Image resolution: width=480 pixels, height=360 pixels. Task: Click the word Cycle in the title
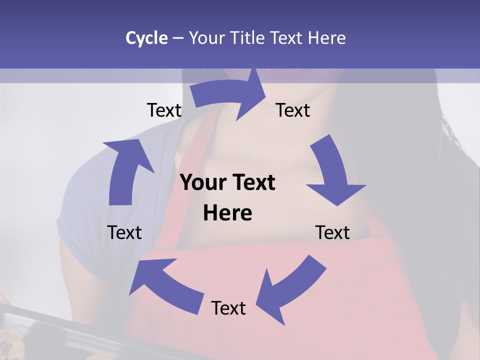pyautogui.click(x=146, y=38)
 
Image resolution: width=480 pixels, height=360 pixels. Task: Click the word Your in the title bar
pyautogui.click(x=207, y=38)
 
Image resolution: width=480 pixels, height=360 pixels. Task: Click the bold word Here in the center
pyautogui.click(x=227, y=213)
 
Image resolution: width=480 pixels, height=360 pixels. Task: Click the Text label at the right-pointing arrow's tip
pyautogui.click(x=293, y=110)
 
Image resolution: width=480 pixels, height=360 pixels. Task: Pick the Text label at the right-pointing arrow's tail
pyautogui.click(x=164, y=110)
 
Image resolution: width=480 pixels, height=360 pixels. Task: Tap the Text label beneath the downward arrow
pyautogui.click(x=332, y=232)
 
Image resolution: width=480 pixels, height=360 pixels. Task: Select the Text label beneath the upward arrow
pyautogui.click(x=124, y=232)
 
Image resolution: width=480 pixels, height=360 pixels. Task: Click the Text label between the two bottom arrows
pyautogui.click(x=228, y=308)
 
